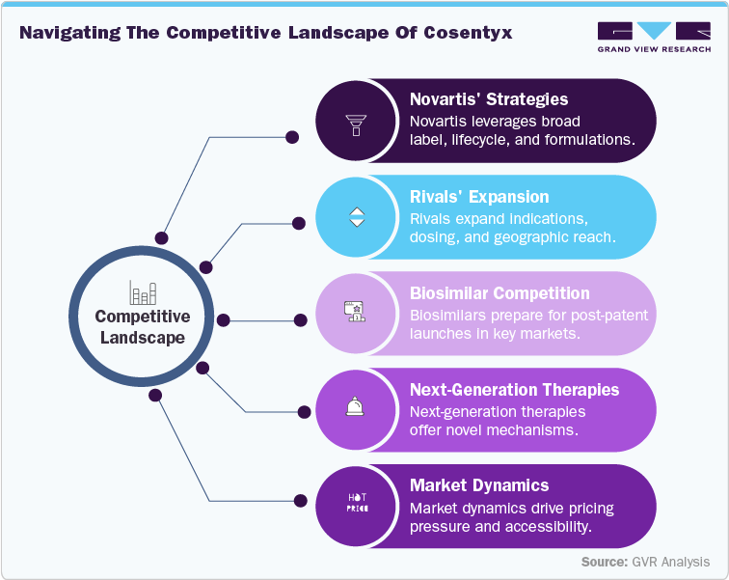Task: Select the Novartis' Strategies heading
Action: click(488, 99)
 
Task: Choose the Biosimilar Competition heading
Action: click(499, 292)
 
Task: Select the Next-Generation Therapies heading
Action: click(514, 389)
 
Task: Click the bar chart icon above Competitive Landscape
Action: click(143, 291)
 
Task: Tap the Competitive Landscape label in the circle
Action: click(143, 327)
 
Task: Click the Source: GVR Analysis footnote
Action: click(645, 562)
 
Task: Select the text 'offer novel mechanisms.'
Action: click(493, 430)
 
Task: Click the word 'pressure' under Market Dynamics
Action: click(440, 527)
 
